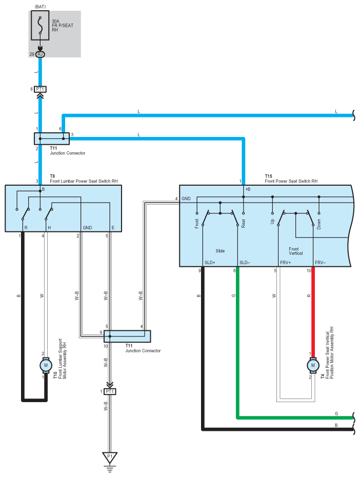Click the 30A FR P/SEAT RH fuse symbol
click(40, 26)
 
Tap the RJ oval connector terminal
click(40, 54)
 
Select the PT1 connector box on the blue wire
click(40, 89)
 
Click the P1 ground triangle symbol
click(110, 457)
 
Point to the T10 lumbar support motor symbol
click(46, 365)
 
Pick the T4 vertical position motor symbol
click(313, 365)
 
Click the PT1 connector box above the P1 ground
click(110, 391)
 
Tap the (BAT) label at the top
click(40, 7)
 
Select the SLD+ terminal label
click(210, 263)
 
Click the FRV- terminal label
click(320, 263)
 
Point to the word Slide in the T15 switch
click(220, 251)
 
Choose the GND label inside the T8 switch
click(87, 228)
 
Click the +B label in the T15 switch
click(248, 189)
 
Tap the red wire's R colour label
click(309, 296)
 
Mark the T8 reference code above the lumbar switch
click(52, 176)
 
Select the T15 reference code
click(269, 176)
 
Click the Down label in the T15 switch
click(319, 224)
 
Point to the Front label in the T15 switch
click(197, 224)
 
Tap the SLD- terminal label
click(245, 263)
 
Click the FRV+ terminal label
click(286, 263)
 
